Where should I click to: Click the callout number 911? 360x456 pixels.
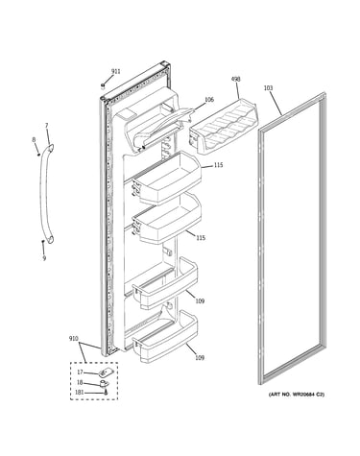pyautogui.click(x=115, y=71)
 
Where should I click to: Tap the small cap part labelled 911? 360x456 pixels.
pyautogui.click(x=103, y=85)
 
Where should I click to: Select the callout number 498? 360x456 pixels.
pyautogui.click(x=235, y=79)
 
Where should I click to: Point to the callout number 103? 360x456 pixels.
pyautogui.click(x=268, y=87)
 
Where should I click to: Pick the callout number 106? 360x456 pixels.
pyautogui.click(x=209, y=100)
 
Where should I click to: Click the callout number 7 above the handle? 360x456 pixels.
pyautogui.click(x=47, y=126)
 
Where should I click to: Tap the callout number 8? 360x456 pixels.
pyautogui.click(x=34, y=139)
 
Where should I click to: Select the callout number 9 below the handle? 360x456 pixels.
pyautogui.click(x=44, y=258)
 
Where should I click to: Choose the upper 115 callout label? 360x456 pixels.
pyautogui.click(x=219, y=165)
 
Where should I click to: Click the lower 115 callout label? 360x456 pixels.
pyautogui.click(x=201, y=238)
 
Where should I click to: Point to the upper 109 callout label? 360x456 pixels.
pyautogui.click(x=200, y=300)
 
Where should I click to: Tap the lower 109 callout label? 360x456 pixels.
pyautogui.click(x=200, y=357)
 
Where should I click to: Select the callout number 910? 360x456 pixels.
pyautogui.click(x=74, y=339)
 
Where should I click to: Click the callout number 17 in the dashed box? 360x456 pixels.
pyautogui.click(x=80, y=372)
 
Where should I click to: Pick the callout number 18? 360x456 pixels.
pyautogui.click(x=80, y=382)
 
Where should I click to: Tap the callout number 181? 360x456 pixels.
pyautogui.click(x=80, y=393)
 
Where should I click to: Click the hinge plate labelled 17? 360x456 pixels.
pyautogui.click(x=103, y=372)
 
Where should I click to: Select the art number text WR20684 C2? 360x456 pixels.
pyautogui.click(x=307, y=395)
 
